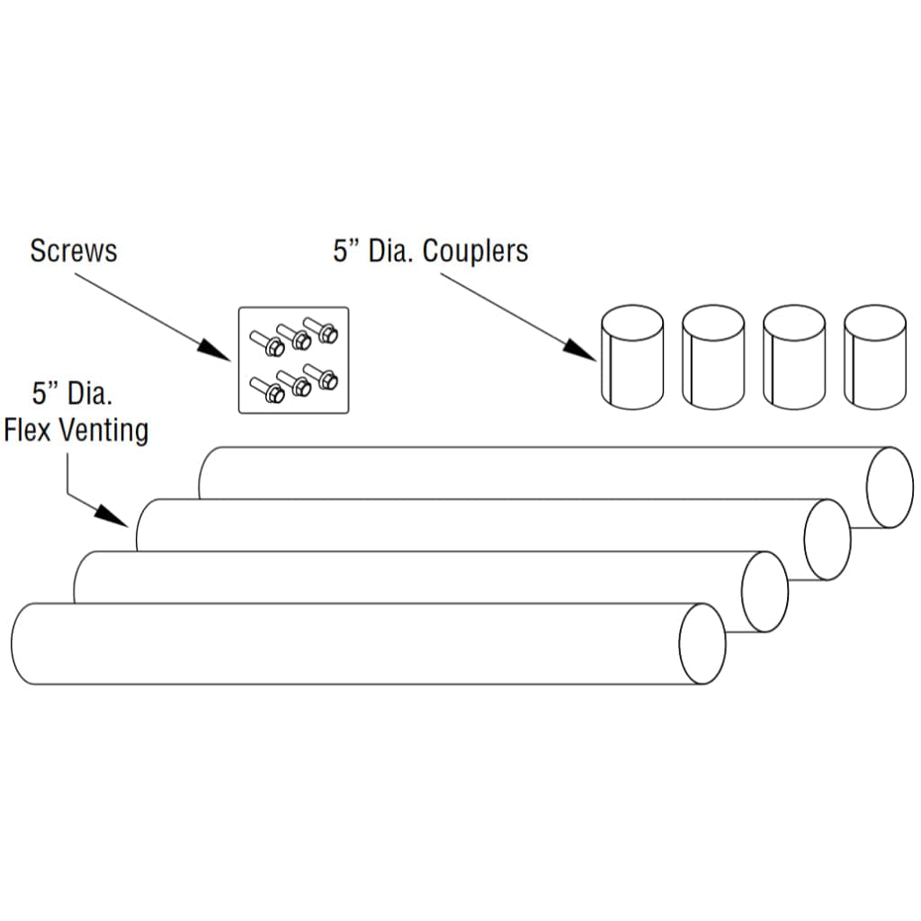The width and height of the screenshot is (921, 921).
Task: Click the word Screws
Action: point(73,250)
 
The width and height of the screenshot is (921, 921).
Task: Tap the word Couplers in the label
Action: point(475,251)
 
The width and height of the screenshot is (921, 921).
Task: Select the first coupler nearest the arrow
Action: point(631,356)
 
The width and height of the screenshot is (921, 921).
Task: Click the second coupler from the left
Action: point(712,356)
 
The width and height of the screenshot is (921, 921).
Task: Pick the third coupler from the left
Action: point(793,356)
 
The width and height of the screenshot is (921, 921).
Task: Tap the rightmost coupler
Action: point(874,356)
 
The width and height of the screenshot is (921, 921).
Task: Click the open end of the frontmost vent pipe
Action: point(702,644)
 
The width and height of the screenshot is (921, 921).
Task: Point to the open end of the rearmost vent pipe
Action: point(890,487)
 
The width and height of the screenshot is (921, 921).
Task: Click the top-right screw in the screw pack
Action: point(322,329)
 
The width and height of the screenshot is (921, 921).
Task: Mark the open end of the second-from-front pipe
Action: point(765,592)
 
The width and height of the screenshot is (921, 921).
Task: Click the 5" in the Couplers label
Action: point(345,251)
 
